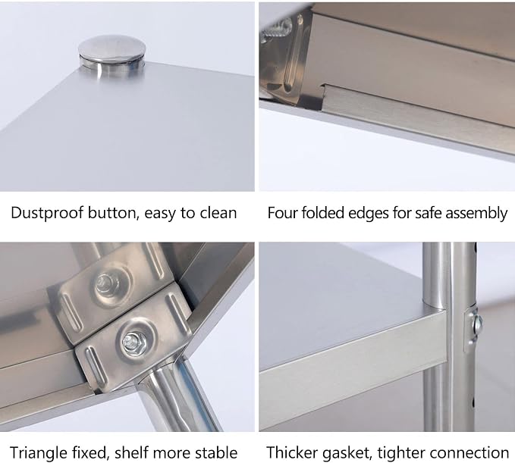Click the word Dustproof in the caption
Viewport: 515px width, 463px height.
[47, 213]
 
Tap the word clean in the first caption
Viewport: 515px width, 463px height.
[218, 213]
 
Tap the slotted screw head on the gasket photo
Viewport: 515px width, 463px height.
[477, 324]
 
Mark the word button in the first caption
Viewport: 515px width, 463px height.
[111, 213]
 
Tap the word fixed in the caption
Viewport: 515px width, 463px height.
[91, 453]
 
